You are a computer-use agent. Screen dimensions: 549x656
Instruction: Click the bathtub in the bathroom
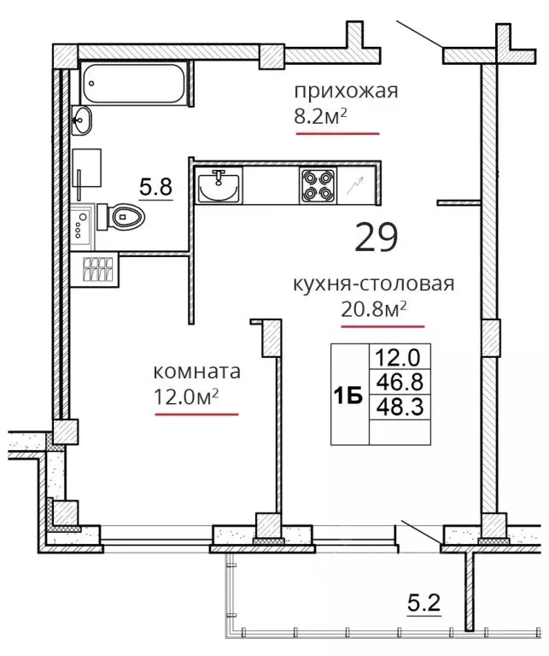[x=134, y=82]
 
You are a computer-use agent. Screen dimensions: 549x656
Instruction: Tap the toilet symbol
[x=121, y=216]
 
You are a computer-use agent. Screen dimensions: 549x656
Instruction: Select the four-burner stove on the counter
[x=318, y=185]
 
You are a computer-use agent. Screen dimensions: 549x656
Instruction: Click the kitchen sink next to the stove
[x=219, y=184]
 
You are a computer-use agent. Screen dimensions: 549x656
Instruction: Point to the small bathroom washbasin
[x=81, y=120]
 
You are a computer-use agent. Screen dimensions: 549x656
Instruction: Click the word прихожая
[x=346, y=91]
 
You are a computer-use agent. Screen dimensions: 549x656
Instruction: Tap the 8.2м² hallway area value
[x=321, y=118]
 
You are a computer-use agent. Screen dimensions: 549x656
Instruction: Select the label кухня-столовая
[x=373, y=284]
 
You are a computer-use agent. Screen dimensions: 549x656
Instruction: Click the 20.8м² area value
[x=374, y=309]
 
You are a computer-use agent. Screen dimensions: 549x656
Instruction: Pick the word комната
[x=197, y=372]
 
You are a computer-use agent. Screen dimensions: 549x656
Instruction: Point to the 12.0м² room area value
[x=186, y=396]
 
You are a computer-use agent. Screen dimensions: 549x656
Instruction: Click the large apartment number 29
[x=377, y=237]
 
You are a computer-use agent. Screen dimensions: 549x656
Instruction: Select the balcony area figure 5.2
[x=424, y=603]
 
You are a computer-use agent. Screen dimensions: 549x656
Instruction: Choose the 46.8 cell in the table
[x=400, y=382]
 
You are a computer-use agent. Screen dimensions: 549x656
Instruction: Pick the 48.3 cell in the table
[x=400, y=407]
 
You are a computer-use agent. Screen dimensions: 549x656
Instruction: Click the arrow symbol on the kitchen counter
[x=355, y=185]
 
